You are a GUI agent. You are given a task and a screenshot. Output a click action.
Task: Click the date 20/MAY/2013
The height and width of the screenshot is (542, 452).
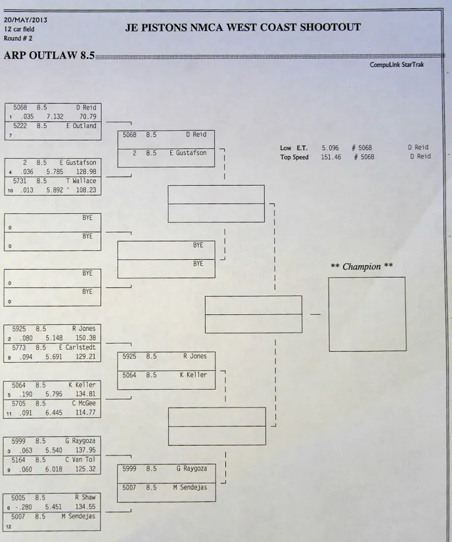pos(26,20)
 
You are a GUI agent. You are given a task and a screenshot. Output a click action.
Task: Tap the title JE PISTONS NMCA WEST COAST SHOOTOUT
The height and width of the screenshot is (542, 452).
pos(242,27)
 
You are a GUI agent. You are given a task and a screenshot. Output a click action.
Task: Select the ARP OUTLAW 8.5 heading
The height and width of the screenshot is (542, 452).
pos(49,55)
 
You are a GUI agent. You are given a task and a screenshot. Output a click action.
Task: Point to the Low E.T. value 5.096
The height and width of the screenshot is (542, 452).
pos(330,148)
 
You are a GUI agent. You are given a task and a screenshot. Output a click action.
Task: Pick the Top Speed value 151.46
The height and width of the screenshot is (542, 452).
pos(330,157)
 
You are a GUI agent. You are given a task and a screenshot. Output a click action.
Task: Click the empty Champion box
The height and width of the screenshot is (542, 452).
pos(367,314)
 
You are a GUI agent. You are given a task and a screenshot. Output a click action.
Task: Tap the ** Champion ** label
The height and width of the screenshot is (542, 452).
pos(361,266)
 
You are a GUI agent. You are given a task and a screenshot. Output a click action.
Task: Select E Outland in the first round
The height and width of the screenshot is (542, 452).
pos(81,126)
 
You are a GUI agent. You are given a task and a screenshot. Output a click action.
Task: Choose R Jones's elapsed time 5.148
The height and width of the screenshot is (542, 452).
pos(55,339)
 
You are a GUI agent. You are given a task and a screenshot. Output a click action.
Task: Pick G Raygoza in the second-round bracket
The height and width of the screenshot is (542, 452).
pos(191,469)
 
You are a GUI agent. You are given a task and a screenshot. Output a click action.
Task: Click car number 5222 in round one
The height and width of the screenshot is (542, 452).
pos(20,126)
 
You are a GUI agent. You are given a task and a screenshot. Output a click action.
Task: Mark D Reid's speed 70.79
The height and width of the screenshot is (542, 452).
pos(87,117)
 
